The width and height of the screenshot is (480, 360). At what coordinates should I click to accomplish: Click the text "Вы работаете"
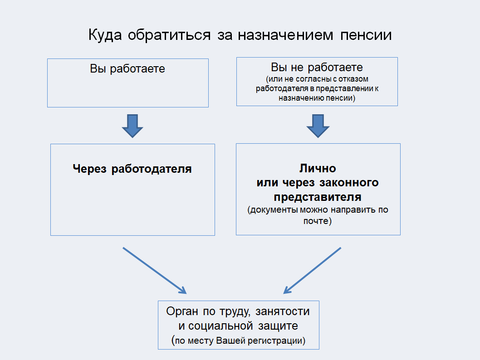(x=127, y=69)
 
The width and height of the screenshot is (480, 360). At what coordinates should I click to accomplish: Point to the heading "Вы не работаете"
(x=317, y=68)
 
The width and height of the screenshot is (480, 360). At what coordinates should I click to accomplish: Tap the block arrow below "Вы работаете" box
(x=132, y=125)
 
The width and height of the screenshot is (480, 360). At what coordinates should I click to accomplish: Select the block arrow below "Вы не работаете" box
(x=318, y=125)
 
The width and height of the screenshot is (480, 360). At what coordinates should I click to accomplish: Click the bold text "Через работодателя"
(x=132, y=169)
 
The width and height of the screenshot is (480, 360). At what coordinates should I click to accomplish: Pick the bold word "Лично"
(x=318, y=169)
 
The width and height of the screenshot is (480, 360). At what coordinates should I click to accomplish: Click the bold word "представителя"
(x=318, y=197)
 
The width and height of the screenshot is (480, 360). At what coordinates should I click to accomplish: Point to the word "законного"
(x=352, y=183)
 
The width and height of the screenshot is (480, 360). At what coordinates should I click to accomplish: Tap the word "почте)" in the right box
(x=318, y=221)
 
